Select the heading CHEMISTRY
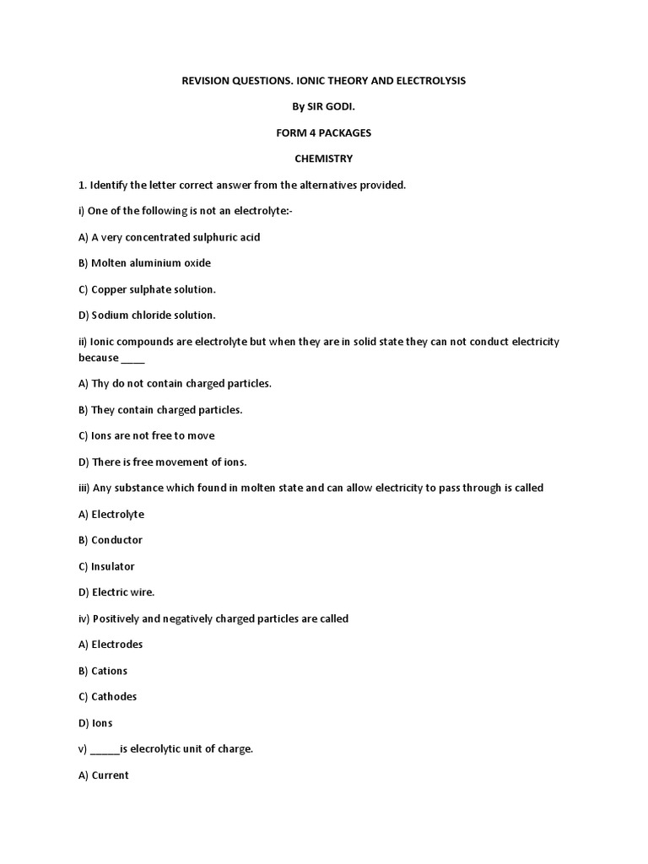pyautogui.click(x=323, y=159)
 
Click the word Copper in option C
pyautogui.click(x=109, y=289)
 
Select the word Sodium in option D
pyautogui.click(x=110, y=316)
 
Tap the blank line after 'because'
pyautogui.click(x=133, y=358)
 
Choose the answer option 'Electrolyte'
pyautogui.click(x=117, y=514)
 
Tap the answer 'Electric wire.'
pyautogui.click(x=122, y=592)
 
